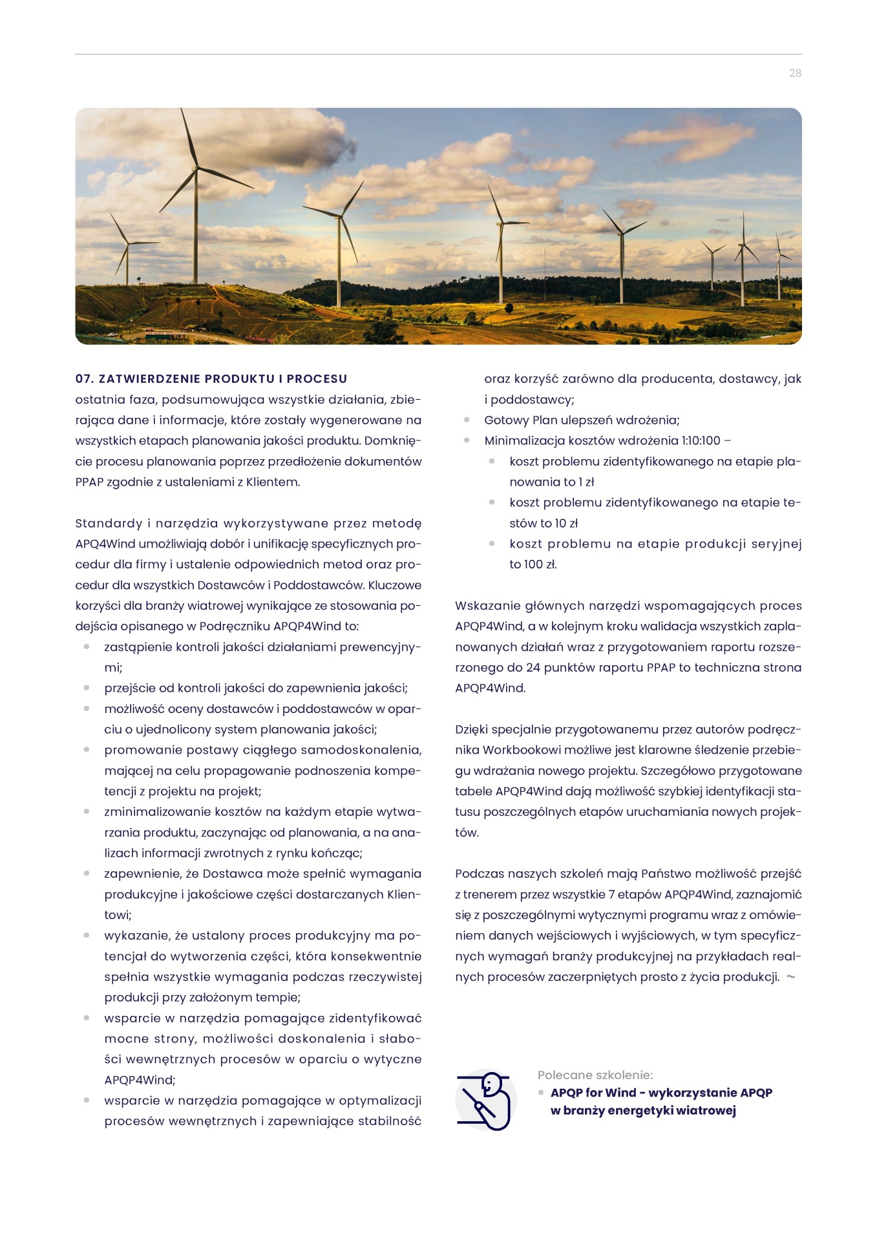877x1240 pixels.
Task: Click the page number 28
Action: coord(795,74)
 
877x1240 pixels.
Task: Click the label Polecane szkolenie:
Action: coord(595,1075)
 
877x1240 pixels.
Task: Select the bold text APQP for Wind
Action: coord(593,1093)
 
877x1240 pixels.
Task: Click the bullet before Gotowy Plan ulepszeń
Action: coord(467,420)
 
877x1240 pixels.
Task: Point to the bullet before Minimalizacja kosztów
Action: coord(467,441)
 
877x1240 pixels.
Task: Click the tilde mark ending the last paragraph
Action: coord(791,977)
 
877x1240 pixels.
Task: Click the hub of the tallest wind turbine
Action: coord(196,169)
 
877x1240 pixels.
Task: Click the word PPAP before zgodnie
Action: coord(89,482)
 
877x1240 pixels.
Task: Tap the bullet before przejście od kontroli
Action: coord(87,688)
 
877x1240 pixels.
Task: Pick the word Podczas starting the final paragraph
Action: coord(479,874)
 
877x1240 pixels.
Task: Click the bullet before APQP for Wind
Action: coord(542,1093)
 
